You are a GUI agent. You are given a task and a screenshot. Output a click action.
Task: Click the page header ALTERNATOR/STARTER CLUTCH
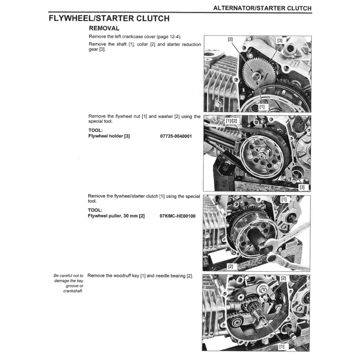[262, 8]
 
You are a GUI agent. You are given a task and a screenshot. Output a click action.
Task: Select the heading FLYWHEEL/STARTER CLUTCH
[109, 18]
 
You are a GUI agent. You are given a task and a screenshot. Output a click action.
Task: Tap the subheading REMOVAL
[104, 28]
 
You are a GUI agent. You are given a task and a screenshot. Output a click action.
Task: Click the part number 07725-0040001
[176, 136]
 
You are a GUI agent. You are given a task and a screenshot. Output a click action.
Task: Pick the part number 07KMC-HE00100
[177, 216]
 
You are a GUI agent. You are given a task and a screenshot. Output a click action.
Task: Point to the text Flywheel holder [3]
[109, 136]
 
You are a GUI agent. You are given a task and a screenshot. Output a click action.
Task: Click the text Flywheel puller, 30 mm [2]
[116, 216]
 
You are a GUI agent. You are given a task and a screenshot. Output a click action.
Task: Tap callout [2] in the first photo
[230, 39]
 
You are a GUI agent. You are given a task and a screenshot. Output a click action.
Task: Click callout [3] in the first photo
[279, 40]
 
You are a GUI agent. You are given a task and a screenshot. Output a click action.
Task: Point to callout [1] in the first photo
[262, 106]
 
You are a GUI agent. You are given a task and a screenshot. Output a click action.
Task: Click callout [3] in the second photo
[302, 187]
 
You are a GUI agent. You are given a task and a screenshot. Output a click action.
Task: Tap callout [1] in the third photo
[284, 199]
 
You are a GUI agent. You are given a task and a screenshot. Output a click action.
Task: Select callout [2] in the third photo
[230, 266]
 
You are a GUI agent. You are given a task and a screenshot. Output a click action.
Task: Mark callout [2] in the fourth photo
[283, 278]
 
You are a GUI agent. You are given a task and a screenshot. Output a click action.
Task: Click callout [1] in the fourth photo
[281, 347]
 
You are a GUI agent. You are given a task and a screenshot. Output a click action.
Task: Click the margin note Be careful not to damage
[69, 283]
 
